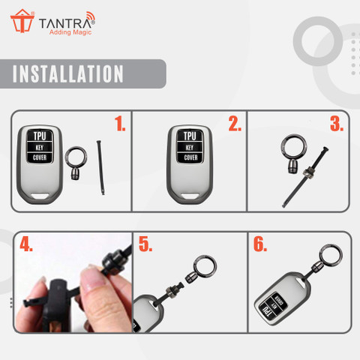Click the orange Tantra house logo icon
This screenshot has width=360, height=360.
(x=22, y=21)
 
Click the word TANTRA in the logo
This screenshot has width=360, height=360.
(x=65, y=23)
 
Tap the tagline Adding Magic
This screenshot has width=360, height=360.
(x=70, y=32)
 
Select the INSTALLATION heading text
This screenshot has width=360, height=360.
(x=68, y=73)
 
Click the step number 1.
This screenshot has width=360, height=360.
(x=120, y=124)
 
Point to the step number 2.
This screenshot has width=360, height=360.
(x=235, y=124)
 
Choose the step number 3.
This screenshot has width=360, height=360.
(x=337, y=124)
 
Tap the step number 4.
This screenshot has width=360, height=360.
(x=26, y=244)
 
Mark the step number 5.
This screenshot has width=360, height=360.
(x=145, y=244)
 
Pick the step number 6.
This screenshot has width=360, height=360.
(x=260, y=244)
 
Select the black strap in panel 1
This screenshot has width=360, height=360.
(x=100, y=167)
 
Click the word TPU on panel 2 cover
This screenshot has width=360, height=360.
(x=190, y=136)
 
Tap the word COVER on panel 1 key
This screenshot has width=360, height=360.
(x=40, y=157)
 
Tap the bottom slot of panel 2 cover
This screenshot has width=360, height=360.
(x=190, y=196)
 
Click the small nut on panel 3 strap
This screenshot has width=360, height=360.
(x=307, y=173)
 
